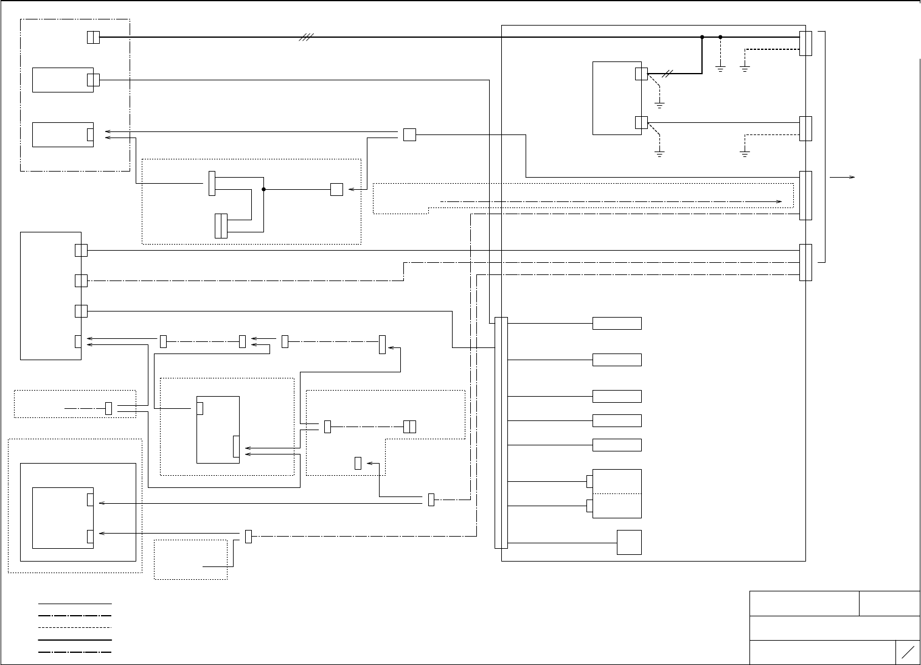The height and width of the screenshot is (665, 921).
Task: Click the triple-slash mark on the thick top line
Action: pyautogui.click(x=306, y=37)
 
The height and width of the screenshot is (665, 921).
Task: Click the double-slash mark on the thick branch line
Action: pyautogui.click(x=669, y=74)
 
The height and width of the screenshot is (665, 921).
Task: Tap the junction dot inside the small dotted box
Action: pyautogui.click(x=263, y=189)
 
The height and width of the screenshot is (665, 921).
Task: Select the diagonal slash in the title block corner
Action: pyautogui.click(x=908, y=652)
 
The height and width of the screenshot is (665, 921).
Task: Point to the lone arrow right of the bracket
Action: pyautogui.click(x=843, y=177)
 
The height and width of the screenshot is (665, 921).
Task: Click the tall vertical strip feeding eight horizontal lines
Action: pyautogui.click(x=501, y=432)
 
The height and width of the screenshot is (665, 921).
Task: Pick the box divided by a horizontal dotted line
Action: pyautogui.click(x=617, y=493)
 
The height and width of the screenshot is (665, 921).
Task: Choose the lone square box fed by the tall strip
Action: pyautogui.click(x=629, y=542)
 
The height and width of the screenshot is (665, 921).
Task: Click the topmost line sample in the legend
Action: pyautogui.click(x=75, y=604)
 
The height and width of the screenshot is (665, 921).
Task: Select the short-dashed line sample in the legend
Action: pyautogui.click(x=75, y=627)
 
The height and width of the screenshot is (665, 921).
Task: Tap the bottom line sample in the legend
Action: pyautogui.click(x=75, y=652)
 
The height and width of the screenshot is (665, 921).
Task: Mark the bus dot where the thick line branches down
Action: pyautogui.click(x=702, y=37)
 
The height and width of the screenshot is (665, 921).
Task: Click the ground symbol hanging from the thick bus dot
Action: pyautogui.click(x=720, y=68)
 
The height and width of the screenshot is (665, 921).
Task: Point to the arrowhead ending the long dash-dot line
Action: pyautogui.click(x=779, y=200)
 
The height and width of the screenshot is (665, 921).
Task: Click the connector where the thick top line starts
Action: pyautogui.click(x=93, y=37)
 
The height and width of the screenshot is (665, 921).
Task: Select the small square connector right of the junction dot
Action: pyautogui.click(x=336, y=189)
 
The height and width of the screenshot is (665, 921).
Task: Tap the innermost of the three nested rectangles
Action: pyautogui.click(x=63, y=518)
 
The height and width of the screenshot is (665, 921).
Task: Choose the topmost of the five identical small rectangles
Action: pyautogui.click(x=617, y=323)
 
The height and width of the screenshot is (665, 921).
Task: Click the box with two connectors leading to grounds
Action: pyautogui.click(x=617, y=98)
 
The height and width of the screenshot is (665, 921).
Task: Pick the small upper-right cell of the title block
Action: pyautogui.click(x=889, y=603)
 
